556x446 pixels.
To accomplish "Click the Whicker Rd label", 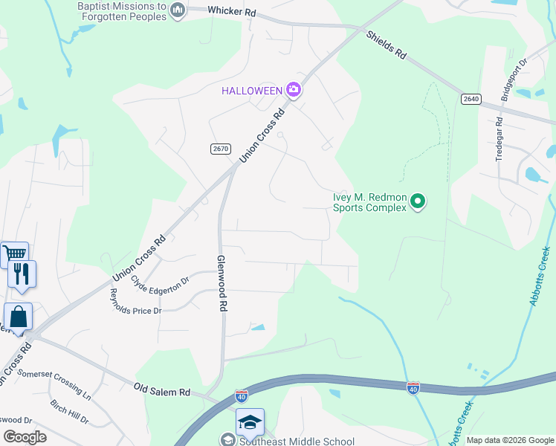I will tap(232, 13).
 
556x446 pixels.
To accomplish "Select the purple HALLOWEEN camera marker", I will tap(294, 91).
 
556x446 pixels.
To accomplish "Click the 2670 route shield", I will tap(220, 149).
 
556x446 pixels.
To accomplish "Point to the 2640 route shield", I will tap(471, 99).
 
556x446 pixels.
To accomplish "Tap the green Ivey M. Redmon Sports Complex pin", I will tap(418, 201).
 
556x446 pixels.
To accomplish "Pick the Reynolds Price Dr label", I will tap(135, 301).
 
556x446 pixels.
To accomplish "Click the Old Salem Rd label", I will tap(163, 390).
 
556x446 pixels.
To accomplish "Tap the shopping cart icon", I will tap(14, 254).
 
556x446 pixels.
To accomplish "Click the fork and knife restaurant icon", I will tap(22, 274).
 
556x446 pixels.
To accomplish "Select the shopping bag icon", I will tap(18, 317).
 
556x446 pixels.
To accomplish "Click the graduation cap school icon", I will tap(250, 421).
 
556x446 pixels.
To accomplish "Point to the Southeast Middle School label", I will tap(297, 440).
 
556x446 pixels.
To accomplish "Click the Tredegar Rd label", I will tap(500, 140).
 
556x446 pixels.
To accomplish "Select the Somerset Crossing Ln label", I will tap(54, 385).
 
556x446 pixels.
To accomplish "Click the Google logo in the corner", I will tap(25, 437).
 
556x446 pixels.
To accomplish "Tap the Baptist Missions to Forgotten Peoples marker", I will tap(177, 10).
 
